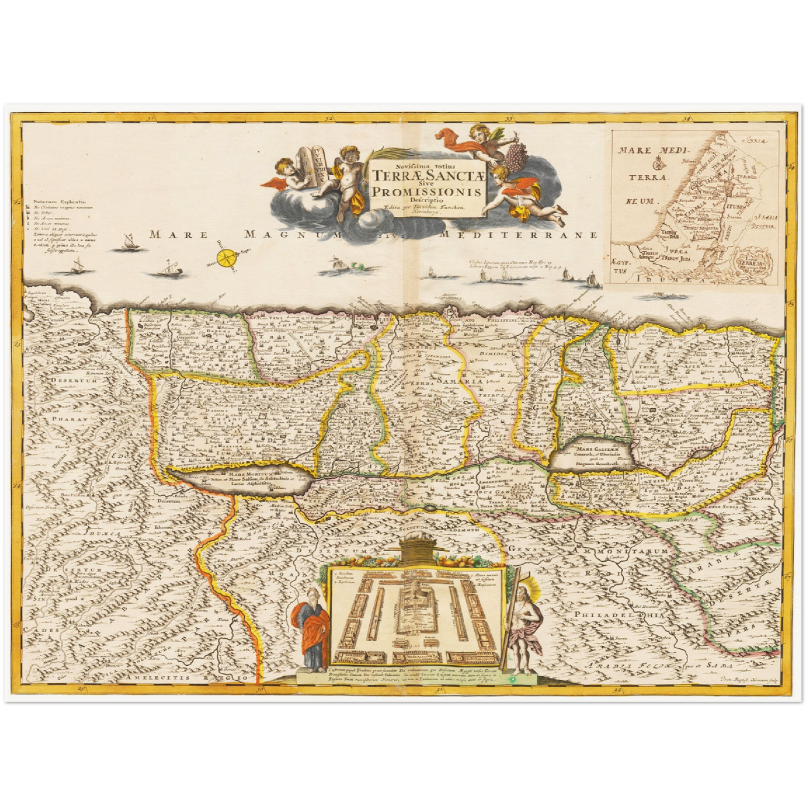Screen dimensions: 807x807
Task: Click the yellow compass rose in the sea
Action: pyautogui.click(x=227, y=258)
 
